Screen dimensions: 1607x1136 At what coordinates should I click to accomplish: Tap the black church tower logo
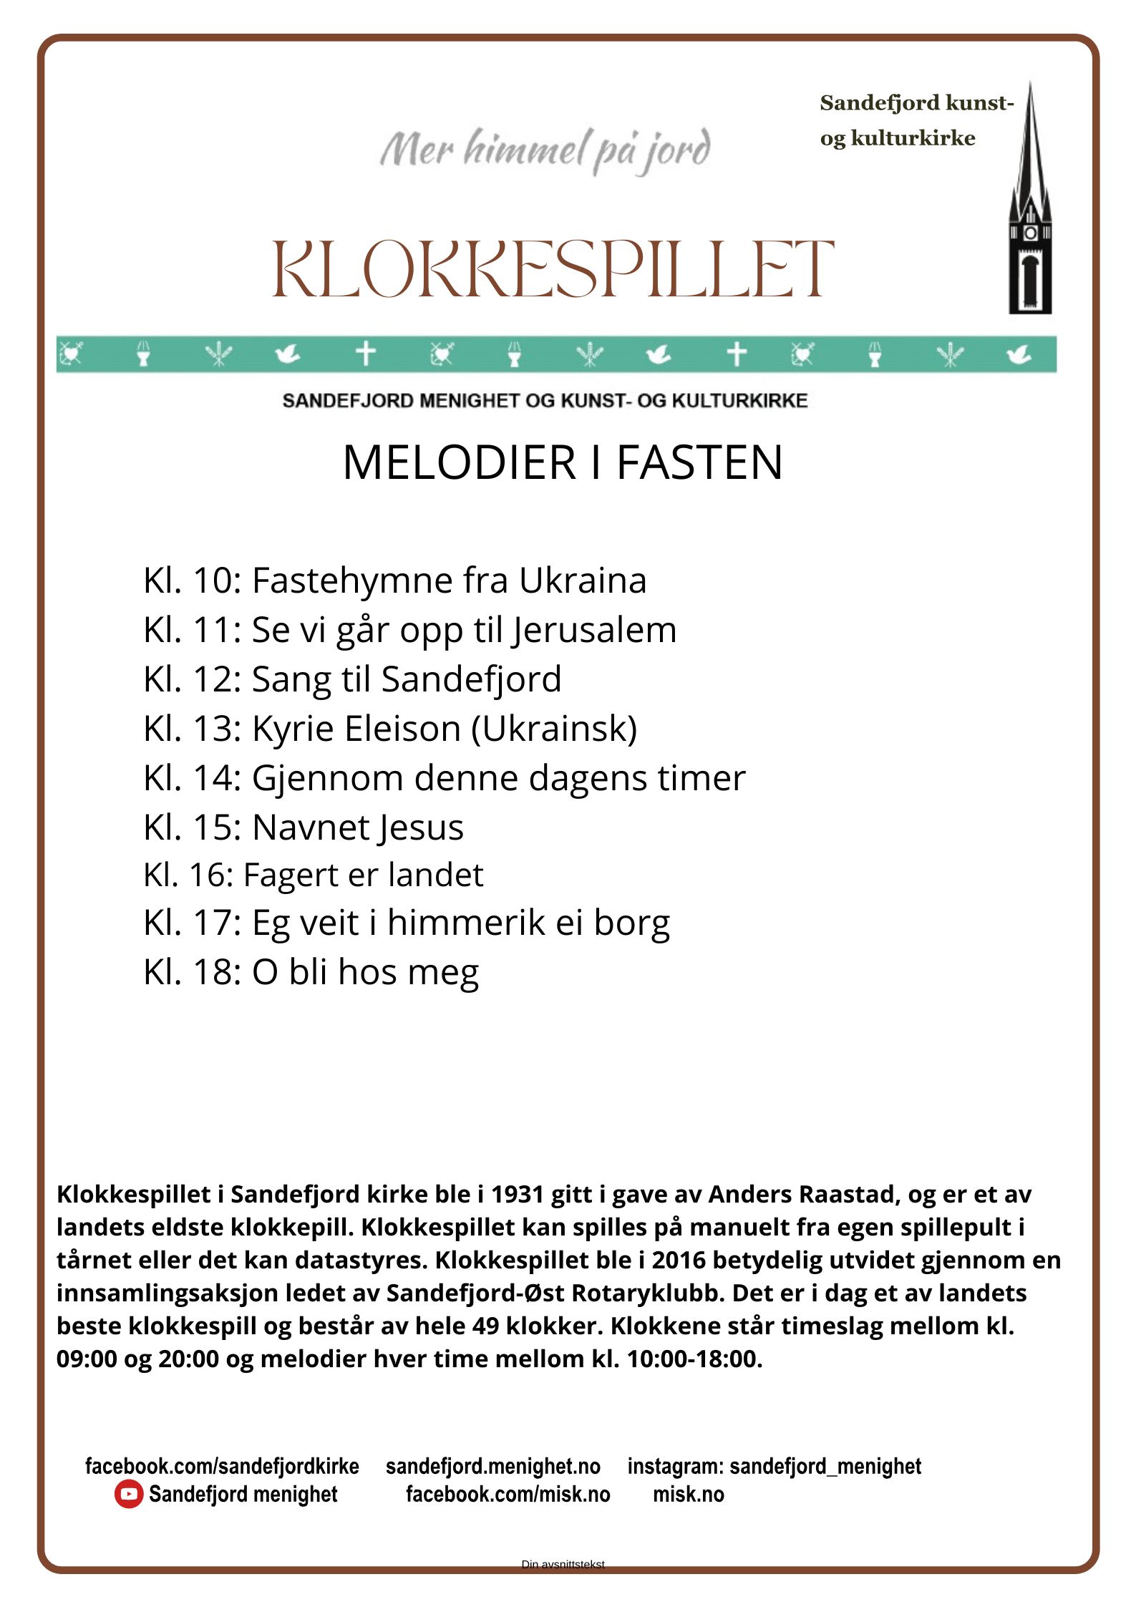click(x=1030, y=208)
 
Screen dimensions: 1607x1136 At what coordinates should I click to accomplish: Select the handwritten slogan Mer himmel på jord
click(x=545, y=150)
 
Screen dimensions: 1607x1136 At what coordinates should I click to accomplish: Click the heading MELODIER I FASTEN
click(x=563, y=462)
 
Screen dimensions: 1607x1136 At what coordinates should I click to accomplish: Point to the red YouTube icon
click(x=128, y=1494)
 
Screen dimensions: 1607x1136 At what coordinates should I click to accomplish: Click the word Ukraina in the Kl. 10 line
click(x=583, y=580)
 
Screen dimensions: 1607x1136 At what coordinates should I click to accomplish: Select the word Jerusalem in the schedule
click(x=594, y=630)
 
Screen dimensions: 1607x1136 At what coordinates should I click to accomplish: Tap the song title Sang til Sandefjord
click(x=406, y=679)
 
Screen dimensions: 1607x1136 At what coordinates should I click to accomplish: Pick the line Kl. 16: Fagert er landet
click(x=314, y=875)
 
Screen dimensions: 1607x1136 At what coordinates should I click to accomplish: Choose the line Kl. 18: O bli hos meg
click(x=311, y=972)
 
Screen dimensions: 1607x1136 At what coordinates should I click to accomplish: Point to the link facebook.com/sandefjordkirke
click(x=222, y=1466)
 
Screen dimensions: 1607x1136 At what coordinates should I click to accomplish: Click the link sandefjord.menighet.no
click(x=493, y=1466)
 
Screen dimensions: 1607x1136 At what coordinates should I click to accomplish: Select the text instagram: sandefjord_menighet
click(x=775, y=1466)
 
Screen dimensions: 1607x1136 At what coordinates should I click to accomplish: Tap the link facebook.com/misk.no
click(x=508, y=1494)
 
